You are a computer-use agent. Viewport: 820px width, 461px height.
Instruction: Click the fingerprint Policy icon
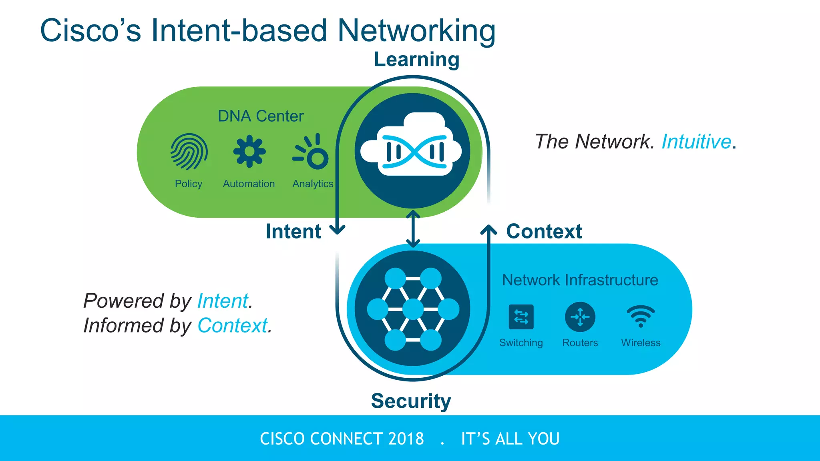point(189,152)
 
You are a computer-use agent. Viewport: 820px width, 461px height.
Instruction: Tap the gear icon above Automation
point(249,151)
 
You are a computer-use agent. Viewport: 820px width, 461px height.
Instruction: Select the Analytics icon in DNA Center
point(312,152)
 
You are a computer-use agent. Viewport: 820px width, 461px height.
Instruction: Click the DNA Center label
point(260,116)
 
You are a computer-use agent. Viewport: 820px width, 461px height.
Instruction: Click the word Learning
point(416,60)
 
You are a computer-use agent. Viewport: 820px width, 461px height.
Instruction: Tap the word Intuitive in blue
point(696,142)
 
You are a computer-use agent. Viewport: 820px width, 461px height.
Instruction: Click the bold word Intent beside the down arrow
point(293,231)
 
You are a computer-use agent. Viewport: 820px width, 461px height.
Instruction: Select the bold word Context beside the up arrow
point(544,231)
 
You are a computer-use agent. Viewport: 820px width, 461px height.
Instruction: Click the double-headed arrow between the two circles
point(413,229)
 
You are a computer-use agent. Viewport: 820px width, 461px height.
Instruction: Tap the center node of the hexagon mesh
point(413,309)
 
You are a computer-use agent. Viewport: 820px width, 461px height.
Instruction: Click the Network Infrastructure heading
point(580,280)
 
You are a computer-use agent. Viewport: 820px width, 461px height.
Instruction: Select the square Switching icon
point(521,317)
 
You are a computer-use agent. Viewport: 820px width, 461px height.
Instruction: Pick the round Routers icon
point(580,317)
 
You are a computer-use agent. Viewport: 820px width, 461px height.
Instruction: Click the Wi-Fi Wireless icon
point(641,316)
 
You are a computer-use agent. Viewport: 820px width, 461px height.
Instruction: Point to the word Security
point(411,401)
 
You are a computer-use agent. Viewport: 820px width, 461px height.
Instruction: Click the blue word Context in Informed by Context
point(232,325)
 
